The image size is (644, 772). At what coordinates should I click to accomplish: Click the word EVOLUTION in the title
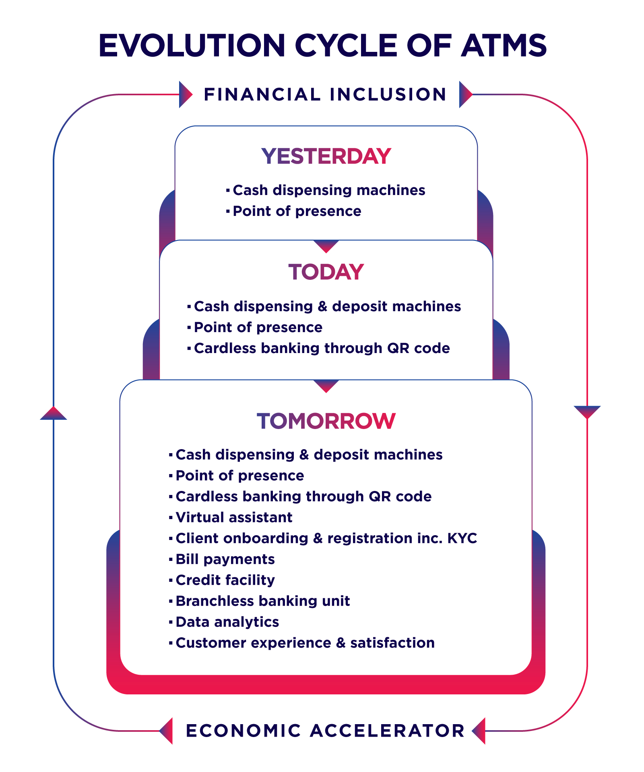(x=192, y=45)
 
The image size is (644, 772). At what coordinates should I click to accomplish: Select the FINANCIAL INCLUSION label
(x=325, y=94)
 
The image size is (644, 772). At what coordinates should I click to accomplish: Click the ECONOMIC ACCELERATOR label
(x=325, y=731)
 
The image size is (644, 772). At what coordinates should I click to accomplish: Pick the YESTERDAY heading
(x=326, y=156)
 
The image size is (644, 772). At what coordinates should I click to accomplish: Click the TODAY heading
(x=326, y=272)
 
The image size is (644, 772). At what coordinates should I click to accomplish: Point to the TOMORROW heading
(x=326, y=421)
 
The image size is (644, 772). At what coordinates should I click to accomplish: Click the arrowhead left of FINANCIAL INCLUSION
(x=185, y=94)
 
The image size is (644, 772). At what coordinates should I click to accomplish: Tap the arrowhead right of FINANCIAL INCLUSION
(x=466, y=94)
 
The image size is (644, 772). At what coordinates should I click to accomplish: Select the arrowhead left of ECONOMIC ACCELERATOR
(x=166, y=731)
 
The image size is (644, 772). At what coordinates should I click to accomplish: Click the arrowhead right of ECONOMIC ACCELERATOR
(x=479, y=731)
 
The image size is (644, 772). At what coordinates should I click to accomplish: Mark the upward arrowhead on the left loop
(x=54, y=413)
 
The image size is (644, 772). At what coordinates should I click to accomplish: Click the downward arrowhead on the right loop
(x=587, y=412)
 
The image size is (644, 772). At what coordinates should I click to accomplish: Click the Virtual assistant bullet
(x=231, y=517)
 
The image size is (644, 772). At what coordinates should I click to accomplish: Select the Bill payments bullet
(x=222, y=559)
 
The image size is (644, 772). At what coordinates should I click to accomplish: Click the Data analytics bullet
(x=224, y=622)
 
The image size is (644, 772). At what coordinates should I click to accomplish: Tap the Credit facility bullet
(x=222, y=580)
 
